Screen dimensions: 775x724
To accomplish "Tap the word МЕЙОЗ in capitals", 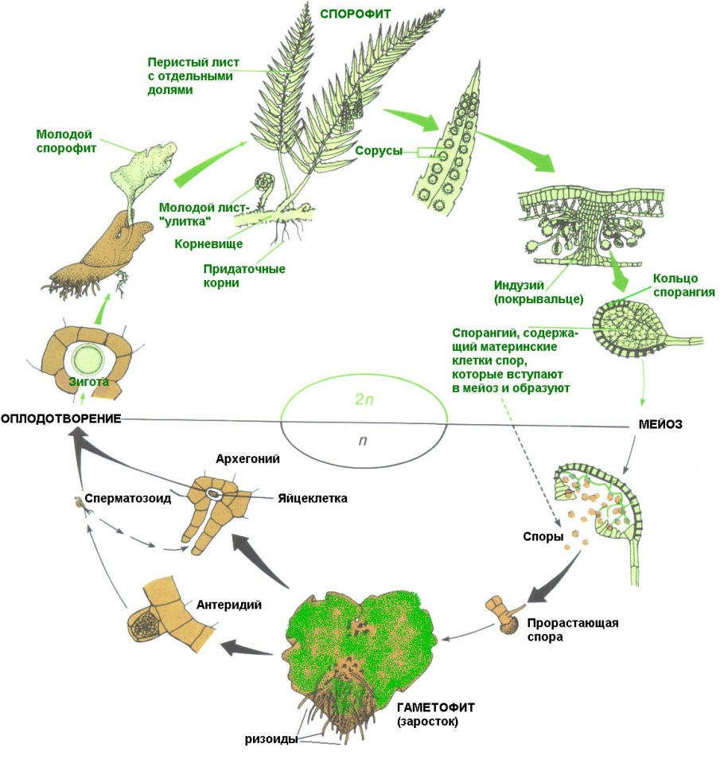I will [661, 425].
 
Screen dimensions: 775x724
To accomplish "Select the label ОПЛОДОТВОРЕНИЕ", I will [60, 419].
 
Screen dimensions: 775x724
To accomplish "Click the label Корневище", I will [208, 244].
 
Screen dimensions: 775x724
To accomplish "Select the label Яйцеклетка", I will [313, 499].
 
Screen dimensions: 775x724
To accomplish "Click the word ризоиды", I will [271, 738].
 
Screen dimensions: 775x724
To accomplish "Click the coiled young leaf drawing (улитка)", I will [263, 184].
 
